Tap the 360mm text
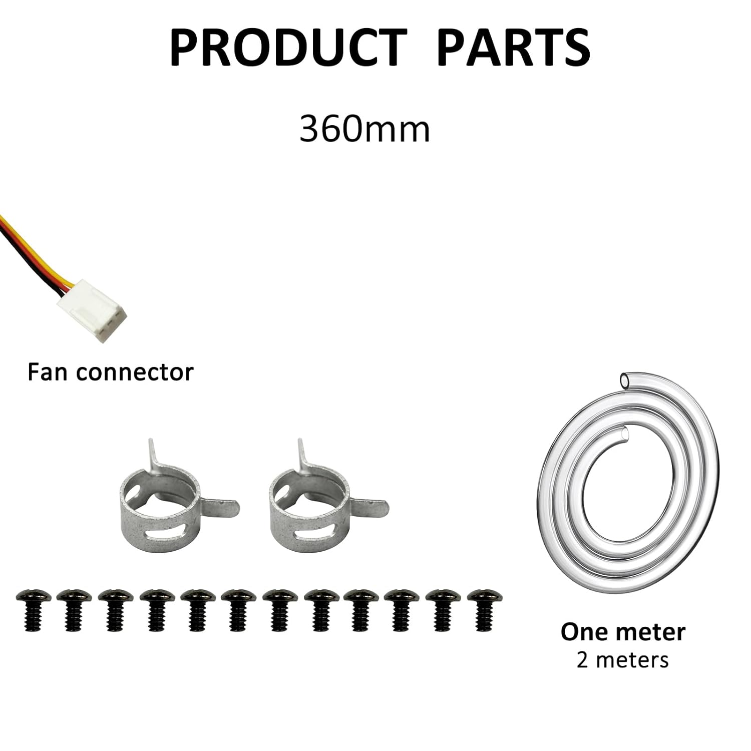(364, 129)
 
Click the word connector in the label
(135, 373)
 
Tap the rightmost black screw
(484, 608)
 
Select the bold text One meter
(623, 632)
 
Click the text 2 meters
(622, 660)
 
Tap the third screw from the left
(116, 608)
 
